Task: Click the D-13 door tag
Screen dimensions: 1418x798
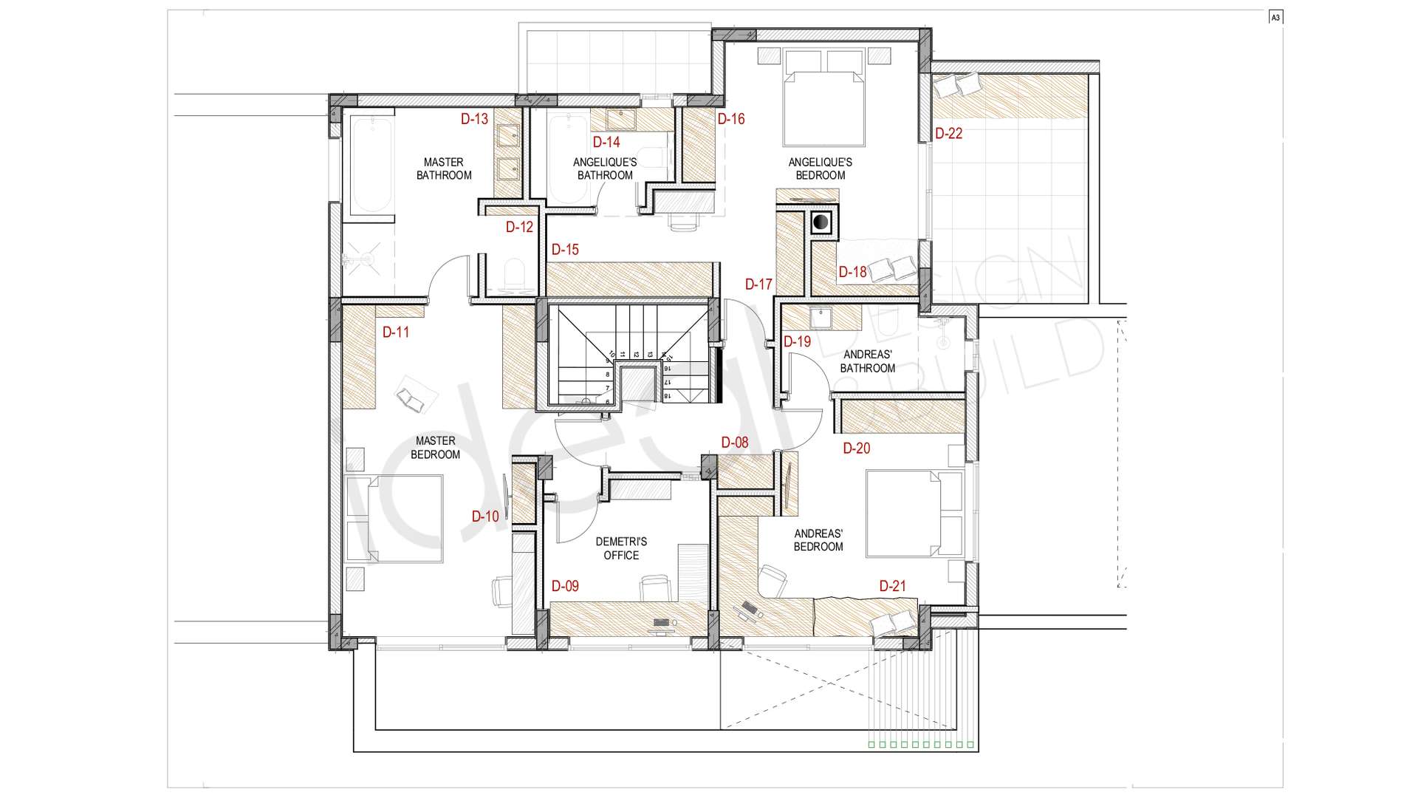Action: pyautogui.click(x=474, y=119)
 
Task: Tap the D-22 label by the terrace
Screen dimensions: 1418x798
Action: pyautogui.click(x=949, y=134)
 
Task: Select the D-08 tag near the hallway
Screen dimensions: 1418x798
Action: pyautogui.click(x=735, y=443)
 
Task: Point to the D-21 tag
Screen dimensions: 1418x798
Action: pyautogui.click(x=892, y=586)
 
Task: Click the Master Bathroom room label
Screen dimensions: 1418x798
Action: pyautogui.click(x=444, y=168)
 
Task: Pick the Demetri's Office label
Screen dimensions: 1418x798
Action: pyautogui.click(x=621, y=548)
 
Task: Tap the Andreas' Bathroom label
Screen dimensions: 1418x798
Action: pyautogui.click(x=868, y=361)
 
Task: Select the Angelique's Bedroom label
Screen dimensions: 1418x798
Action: pyautogui.click(x=821, y=168)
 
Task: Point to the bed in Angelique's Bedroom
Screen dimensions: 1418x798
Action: pyautogui.click(x=823, y=98)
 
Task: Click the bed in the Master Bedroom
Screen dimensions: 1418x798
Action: pyautogui.click(x=394, y=519)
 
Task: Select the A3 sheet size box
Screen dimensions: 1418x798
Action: pyautogui.click(x=1275, y=18)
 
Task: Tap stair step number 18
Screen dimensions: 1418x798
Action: pyautogui.click(x=667, y=396)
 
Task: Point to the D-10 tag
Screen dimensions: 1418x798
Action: pyautogui.click(x=485, y=516)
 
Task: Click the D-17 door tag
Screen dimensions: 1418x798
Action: pyautogui.click(x=758, y=284)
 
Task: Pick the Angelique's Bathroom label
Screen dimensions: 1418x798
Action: pyautogui.click(x=605, y=168)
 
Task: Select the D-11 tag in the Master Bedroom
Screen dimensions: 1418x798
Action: pyautogui.click(x=396, y=332)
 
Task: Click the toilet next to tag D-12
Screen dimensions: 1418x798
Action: pyautogui.click(x=513, y=275)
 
